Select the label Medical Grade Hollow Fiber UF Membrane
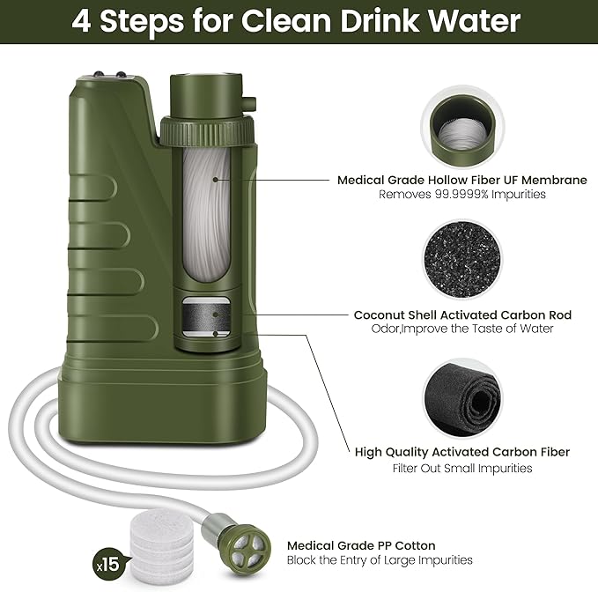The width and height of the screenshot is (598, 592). point(461,180)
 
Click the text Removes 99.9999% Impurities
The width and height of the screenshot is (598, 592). point(461,195)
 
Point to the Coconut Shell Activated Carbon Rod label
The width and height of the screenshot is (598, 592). point(462,314)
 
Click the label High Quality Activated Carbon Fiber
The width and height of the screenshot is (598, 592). point(461,452)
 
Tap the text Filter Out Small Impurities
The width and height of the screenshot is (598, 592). point(461,468)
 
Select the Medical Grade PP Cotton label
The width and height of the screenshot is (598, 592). point(361,545)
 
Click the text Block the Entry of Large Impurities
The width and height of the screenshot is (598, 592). point(380,560)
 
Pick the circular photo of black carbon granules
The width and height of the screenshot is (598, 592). point(461,258)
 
